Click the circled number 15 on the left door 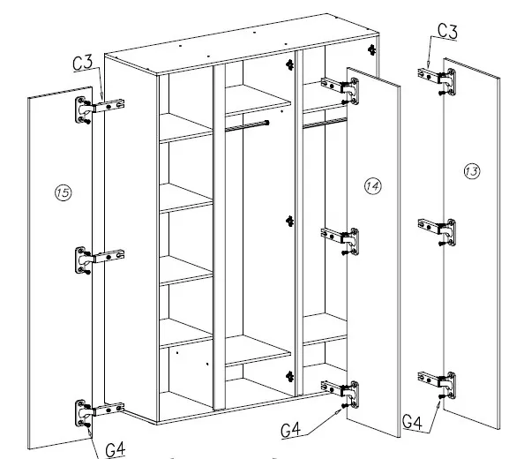click(x=63, y=192)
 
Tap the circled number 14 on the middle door click(x=372, y=186)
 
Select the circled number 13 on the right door click(x=472, y=171)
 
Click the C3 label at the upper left click(x=83, y=63)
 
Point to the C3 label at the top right click(x=447, y=31)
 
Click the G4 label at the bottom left click(x=116, y=449)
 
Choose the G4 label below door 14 click(x=291, y=430)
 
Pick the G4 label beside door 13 click(x=412, y=422)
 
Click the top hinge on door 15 click(x=100, y=109)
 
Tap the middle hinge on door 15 click(x=100, y=260)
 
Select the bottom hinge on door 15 click(x=100, y=412)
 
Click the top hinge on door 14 click(x=341, y=91)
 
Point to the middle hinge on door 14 click(x=341, y=241)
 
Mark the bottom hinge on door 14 click(x=341, y=394)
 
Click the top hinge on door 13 click(x=437, y=82)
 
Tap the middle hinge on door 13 click(x=437, y=232)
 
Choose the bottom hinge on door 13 click(x=437, y=385)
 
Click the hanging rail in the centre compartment click(x=247, y=126)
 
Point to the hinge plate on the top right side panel click(x=371, y=49)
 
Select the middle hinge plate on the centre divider click(x=289, y=222)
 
